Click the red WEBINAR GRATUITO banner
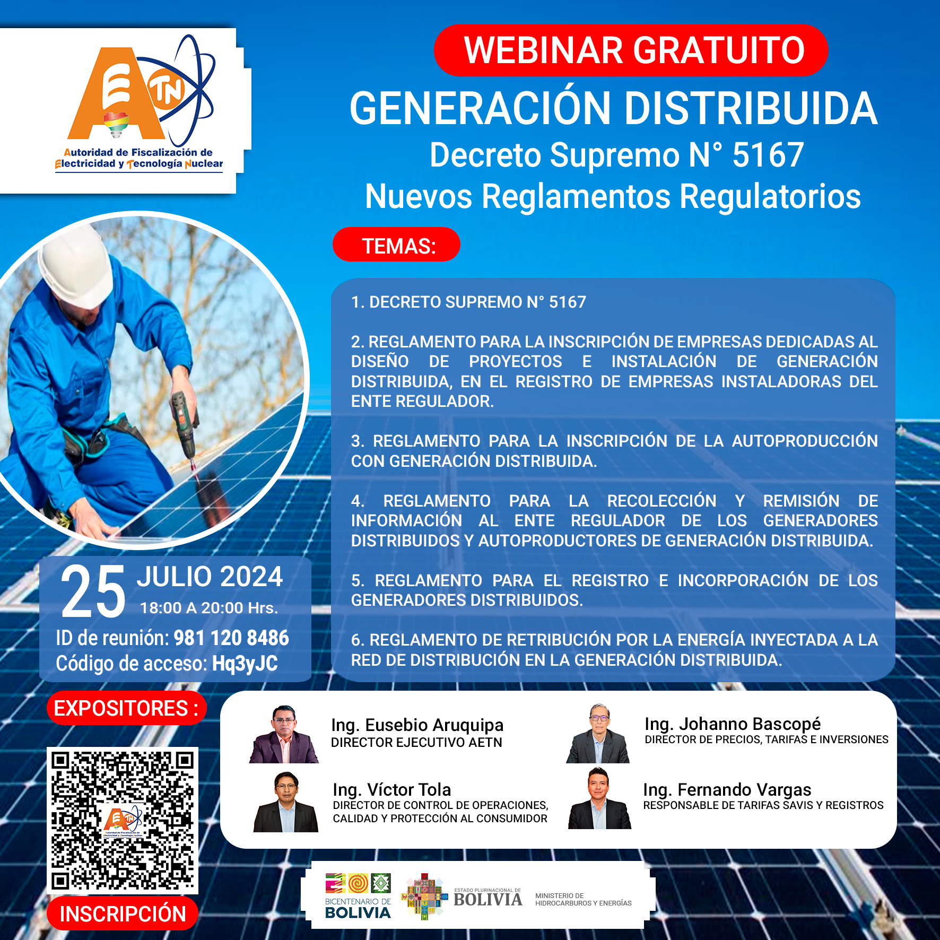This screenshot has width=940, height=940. coord(631,50)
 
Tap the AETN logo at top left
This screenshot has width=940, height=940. coord(141,103)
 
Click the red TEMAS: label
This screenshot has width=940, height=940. coord(396,245)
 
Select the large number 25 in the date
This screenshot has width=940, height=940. coord(93,591)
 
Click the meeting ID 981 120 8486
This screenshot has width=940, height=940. coord(231,638)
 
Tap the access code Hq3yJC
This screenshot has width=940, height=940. coord(245,664)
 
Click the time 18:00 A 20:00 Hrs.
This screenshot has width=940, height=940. coord(209,608)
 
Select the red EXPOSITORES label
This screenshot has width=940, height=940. coord(126,708)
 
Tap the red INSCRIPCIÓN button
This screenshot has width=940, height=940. coord(123,913)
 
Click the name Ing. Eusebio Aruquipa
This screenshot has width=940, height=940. coord(417,725)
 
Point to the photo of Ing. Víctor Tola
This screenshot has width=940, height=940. coord(286,802)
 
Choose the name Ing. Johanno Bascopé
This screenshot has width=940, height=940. coord(733,724)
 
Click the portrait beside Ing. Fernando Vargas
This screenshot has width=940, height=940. coord(599,798)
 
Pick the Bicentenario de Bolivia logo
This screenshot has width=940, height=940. coord(358,897)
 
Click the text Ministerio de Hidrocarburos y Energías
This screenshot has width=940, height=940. coord(584,899)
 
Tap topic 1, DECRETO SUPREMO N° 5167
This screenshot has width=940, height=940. coord(469,302)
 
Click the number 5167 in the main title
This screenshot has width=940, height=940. coord(768,155)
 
